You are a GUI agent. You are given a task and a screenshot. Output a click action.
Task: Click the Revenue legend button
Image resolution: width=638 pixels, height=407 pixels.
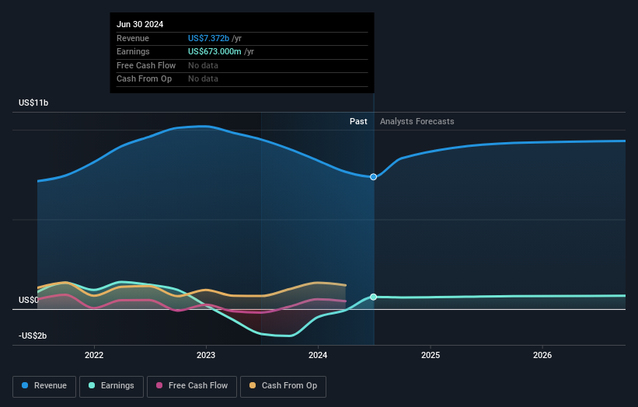(x=45, y=385)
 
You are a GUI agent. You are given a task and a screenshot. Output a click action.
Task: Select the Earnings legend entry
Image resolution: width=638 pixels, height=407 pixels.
(x=112, y=385)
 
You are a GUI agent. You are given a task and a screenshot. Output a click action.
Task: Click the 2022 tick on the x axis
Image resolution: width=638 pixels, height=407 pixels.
(x=94, y=355)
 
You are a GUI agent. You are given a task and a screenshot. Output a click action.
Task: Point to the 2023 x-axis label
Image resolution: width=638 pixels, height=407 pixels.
(x=206, y=355)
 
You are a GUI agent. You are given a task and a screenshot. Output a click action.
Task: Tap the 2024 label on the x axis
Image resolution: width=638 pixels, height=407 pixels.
(x=318, y=355)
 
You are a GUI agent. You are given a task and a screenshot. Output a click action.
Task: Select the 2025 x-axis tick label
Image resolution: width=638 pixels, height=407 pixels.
(x=431, y=355)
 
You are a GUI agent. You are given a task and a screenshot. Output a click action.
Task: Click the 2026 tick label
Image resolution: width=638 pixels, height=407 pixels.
(x=542, y=355)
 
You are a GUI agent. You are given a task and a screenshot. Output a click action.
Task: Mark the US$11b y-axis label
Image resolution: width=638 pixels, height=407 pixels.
(x=35, y=103)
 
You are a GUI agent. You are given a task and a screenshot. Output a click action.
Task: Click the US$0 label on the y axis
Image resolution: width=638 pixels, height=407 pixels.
(x=30, y=300)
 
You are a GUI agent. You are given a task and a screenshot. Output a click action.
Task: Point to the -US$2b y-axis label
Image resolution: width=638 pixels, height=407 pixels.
(x=33, y=336)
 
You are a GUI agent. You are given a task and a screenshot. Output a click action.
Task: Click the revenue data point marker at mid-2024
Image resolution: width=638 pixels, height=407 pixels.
(x=374, y=177)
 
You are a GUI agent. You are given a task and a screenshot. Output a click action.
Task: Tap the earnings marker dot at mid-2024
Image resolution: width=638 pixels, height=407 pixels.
(x=374, y=297)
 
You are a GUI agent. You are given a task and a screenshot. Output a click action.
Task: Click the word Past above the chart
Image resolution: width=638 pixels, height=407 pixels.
(x=358, y=121)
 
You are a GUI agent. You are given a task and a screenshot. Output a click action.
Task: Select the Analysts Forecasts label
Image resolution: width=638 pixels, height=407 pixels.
(x=417, y=121)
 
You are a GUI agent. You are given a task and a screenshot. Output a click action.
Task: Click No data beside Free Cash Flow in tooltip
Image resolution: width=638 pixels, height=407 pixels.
(x=203, y=65)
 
